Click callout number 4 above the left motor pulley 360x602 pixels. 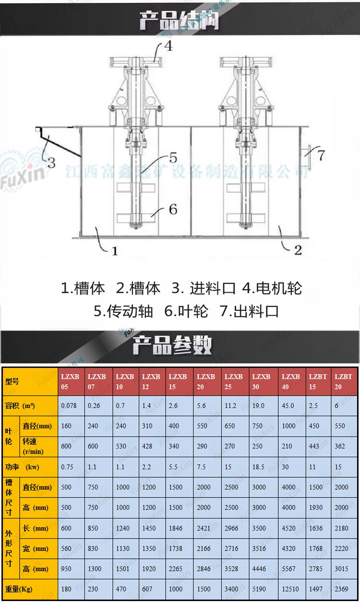168,46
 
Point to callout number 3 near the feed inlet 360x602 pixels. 51,163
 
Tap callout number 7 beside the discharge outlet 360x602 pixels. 321,155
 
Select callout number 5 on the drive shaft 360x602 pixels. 173,158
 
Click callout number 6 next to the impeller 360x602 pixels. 173,209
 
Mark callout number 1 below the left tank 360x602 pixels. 115,251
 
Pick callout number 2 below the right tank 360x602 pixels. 298,250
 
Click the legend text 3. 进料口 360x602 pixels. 204,288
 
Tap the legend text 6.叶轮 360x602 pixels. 186,311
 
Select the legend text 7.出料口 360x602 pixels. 249,311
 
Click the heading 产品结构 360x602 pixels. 179,21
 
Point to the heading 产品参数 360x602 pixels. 172,345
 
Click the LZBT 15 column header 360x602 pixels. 318,382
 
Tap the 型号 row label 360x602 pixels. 12,381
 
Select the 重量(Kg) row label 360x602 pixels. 19,590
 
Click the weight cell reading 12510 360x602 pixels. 290,589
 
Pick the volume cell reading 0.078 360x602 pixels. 69,405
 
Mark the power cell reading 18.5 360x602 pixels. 258,467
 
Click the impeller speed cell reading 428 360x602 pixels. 147,446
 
